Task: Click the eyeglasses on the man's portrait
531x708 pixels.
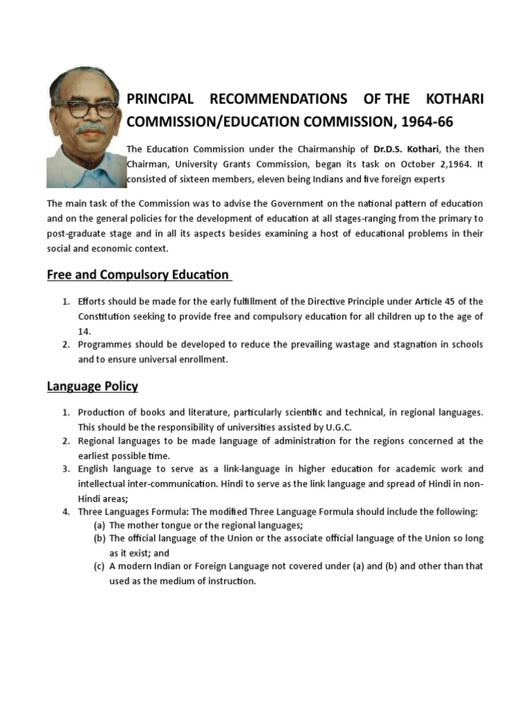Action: [84, 110]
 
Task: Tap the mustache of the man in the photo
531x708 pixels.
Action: [90, 129]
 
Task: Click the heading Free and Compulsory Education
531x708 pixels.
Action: [138, 274]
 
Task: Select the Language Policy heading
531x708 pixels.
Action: [93, 386]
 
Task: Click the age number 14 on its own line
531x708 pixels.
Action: [84, 330]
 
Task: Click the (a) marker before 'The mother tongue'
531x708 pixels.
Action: [100, 525]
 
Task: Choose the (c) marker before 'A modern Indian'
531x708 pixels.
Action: [100, 566]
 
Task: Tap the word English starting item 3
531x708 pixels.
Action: [96, 469]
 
